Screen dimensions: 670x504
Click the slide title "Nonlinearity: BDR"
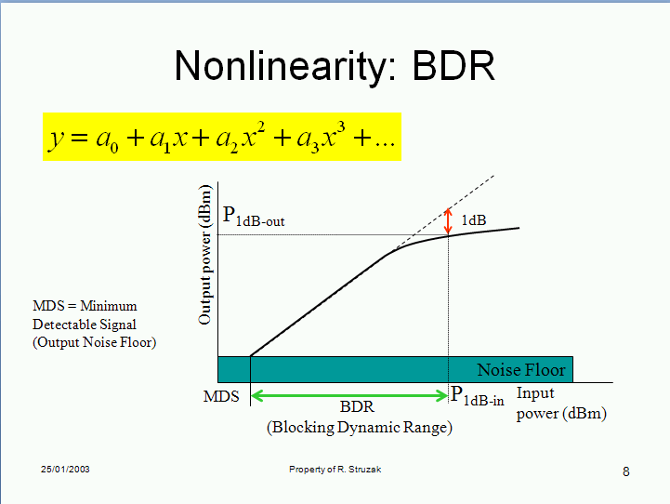click(x=335, y=66)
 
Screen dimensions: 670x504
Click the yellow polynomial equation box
click(x=222, y=137)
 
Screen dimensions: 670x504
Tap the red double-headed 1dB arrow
click(x=448, y=221)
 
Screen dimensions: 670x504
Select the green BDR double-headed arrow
click(x=349, y=395)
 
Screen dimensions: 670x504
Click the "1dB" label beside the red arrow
click(x=474, y=220)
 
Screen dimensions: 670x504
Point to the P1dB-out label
click(x=254, y=216)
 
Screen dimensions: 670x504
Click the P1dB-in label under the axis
click(x=478, y=395)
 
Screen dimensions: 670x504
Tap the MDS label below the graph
click(x=221, y=396)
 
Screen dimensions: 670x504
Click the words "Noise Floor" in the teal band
click(x=521, y=370)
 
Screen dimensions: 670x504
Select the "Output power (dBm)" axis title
click(x=205, y=255)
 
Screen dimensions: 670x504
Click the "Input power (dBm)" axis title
click(x=561, y=404)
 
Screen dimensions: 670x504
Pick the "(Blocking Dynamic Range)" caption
click(x=360, y=427)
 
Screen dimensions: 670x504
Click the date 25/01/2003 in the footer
click(x=65, y=469)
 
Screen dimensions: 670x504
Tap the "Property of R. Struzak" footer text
click(x=335, y=470)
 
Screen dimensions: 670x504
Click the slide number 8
click(x=626, y=471)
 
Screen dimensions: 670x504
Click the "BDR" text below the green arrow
click(x=357, y=406)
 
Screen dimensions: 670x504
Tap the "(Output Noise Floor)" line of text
click(x=95, y=342)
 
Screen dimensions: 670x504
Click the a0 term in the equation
click(x=107, y=140)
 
